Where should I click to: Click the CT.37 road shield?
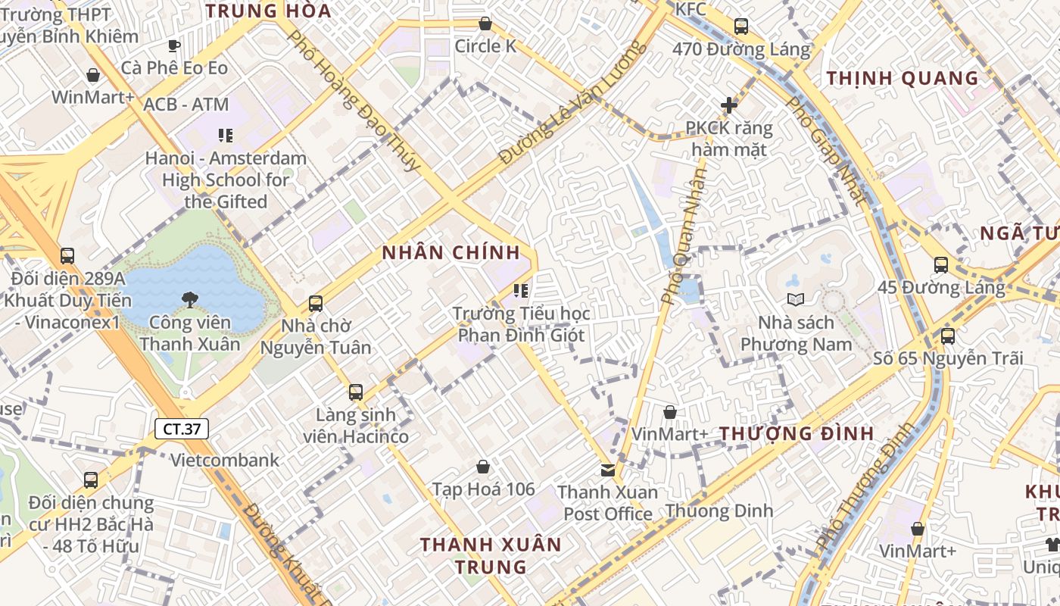[182, 429]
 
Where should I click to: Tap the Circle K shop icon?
[485, 24]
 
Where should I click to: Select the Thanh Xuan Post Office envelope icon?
[607, 470]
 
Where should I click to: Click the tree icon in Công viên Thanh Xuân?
[189, 299]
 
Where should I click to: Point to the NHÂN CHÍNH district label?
[451, 253]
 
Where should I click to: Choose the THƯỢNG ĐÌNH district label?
[797, 434]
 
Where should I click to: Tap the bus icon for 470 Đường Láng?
[741, 27]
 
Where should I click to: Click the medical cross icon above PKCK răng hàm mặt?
[729, 105]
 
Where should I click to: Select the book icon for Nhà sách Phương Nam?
[795, 299]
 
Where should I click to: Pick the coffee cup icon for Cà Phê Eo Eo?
[174, 45]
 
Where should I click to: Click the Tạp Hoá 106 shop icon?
[483, 467]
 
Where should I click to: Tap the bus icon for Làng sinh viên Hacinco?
[356, 392]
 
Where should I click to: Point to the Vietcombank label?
[224, 460]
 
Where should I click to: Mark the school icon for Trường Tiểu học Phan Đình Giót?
[521, 290]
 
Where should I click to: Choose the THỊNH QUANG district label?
[903, 78]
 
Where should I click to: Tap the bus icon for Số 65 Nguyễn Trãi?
[947, 336]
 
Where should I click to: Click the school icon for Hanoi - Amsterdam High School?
[226, 136]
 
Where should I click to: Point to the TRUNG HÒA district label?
[268, 11]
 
